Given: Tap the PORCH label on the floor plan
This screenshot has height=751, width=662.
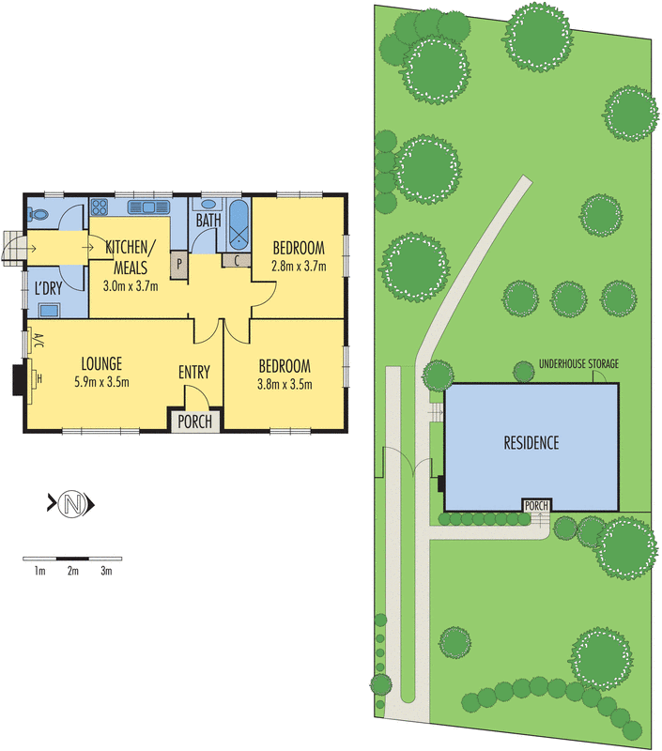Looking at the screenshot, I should [195, 421].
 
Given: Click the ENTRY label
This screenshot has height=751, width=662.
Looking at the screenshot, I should [194, 373].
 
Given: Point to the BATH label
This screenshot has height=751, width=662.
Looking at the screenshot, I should [208, 222].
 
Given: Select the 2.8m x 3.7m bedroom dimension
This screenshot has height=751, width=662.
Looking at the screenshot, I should [299, 266].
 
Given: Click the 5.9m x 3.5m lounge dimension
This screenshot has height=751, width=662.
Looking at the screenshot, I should [102, 381].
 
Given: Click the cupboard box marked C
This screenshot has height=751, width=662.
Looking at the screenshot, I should [237, 260].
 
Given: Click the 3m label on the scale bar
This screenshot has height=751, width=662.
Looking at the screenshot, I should [106, 571].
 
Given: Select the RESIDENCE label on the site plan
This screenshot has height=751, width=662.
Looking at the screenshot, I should [531, 443].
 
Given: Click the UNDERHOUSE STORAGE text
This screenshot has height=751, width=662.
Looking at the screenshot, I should [578, 362].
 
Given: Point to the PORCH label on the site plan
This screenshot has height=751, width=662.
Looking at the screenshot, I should [536, 506].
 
